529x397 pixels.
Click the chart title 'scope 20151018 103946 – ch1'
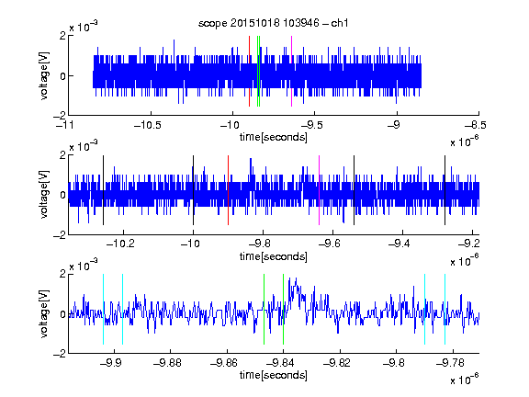(x=273, y=23)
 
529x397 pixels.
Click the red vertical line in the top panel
(x=249, y=72)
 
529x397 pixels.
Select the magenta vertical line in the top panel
(x=291, y=72)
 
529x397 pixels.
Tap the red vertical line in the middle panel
(x=228, y=190)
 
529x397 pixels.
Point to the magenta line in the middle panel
(x=320, y=190)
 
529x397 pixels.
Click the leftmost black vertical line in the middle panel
(x=103, y=190)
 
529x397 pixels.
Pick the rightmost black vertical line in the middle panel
(x=445, y=190)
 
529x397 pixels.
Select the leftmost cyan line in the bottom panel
(x=103, y=309)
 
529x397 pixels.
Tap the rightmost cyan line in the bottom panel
(x=445, y=309)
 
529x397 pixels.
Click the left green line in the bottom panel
(x=264, y=309)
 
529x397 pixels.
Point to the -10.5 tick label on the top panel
(x=148, y=125)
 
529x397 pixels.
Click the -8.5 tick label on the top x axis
(x=476, y=125)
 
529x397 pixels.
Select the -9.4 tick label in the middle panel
(x=400, y=244)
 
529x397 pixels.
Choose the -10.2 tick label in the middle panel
(x=120, y=244)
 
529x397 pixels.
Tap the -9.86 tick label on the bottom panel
(x=224, y=363)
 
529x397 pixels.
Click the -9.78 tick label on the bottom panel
(x=450, y=363)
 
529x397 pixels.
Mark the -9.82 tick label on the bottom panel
(x=337, y=363)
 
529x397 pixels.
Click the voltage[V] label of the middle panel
(x=44, y=195)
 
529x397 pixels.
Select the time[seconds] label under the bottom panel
(x=274, y=375)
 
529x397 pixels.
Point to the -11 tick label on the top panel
(x=64, y=125)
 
